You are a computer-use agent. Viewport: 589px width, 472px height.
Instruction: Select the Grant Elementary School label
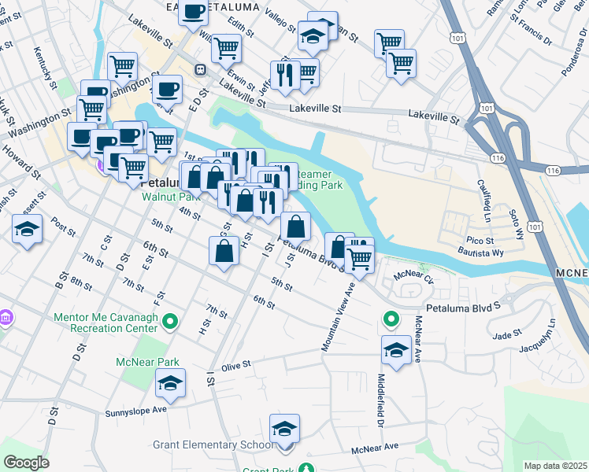pyautogui.click(x=214, y=445)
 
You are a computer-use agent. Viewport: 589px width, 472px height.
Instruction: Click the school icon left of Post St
pyautogui.click(x=28, y=230)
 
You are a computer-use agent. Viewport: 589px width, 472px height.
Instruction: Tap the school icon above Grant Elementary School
pyautogui.click(x=284, y=429)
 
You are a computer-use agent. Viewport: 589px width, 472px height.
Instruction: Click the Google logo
pyautogui.click(x=26, y=463)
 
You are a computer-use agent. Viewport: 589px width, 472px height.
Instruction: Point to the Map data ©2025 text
pyautogui.click(x=554, y=466)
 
